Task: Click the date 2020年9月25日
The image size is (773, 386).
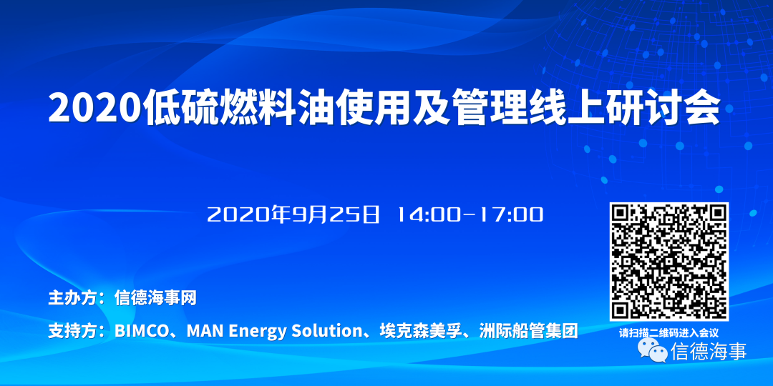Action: (294, 214)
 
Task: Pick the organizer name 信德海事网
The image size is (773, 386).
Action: (155, 298)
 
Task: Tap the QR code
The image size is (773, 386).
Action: (669, 262)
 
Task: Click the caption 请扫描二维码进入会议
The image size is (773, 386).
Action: (669, 333)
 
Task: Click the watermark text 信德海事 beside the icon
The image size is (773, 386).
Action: (709, 351)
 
